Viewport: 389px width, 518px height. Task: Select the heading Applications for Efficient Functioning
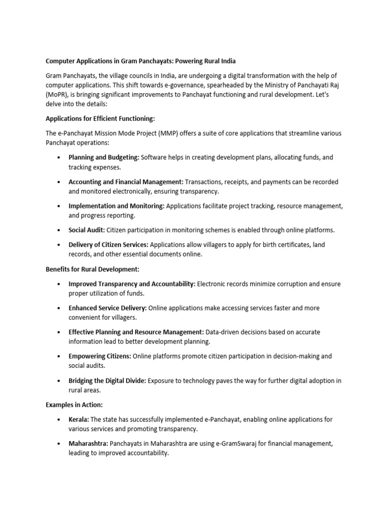click(x=100, y=118)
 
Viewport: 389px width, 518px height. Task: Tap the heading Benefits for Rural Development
click(x=92, y=269)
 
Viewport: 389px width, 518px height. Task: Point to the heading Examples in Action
click(x=74, y=405)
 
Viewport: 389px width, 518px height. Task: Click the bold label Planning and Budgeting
click(x=104, y=157)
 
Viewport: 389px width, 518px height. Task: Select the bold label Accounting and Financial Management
click(x=126, y=182)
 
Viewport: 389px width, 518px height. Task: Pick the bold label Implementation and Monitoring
click(x=116, y=206)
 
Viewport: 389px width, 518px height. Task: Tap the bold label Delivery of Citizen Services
click(x=108, y=244)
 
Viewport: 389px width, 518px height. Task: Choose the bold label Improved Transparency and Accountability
click(x=132, y=284)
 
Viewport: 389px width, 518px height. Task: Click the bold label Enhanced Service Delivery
click(x=108, y=308)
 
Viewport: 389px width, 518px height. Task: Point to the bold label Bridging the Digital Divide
click(x=107, y=380)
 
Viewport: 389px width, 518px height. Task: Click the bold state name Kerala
click(x=79, y=419)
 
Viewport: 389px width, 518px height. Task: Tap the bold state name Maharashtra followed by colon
click(x=88, y=444)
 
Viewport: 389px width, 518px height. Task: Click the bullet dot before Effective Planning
click(x=59, y=332)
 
